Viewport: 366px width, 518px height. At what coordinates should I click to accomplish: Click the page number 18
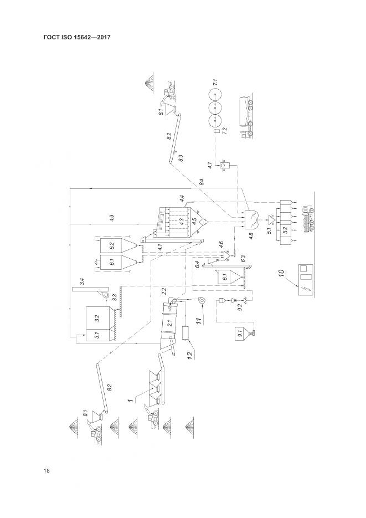(47, 471)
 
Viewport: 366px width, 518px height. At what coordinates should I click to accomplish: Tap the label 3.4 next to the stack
(81, 283)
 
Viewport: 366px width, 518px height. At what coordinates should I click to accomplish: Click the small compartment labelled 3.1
(97, 335)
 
